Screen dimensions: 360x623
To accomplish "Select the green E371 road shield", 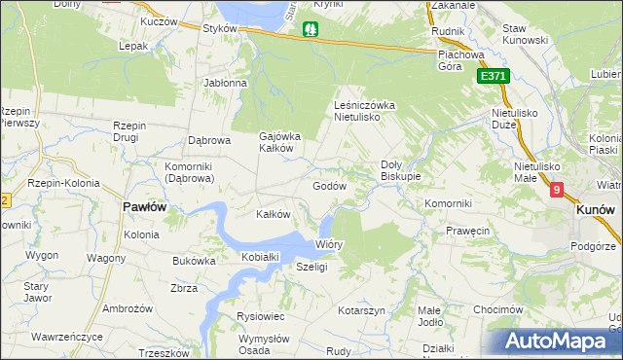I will [494, 76].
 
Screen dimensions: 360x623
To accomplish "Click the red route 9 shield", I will [556, 192].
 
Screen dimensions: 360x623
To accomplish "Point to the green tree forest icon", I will [311, 30].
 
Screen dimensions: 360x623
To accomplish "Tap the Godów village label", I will [329, 186].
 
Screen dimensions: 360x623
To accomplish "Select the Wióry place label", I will [329, 244].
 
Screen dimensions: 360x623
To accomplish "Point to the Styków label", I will [221, 29].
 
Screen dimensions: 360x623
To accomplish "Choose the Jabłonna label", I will [225, 84].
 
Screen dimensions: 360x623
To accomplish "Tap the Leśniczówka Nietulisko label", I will [362, 110].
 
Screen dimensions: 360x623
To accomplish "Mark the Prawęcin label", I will [467, 232].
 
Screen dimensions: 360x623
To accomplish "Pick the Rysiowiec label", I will [260, 316].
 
